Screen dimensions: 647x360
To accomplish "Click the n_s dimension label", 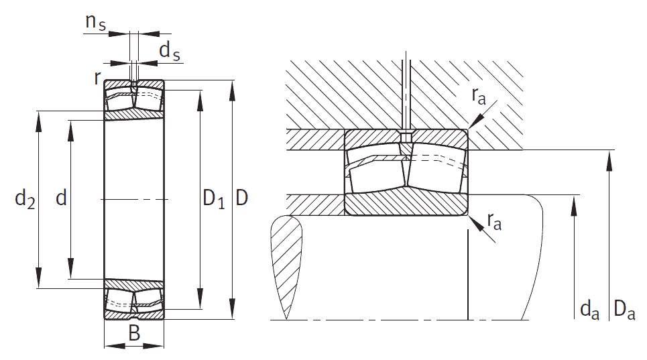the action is click(x=95, y=22).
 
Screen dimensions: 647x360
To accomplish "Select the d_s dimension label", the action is click(x=170, y=52).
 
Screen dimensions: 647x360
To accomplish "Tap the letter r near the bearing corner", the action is click(x=97, y=78).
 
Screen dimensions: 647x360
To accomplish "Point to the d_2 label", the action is click(x=25, y=199).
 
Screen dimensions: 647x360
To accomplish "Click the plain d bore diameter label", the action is click(x=61, y=198).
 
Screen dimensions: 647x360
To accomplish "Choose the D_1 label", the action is click(x=214, y=199).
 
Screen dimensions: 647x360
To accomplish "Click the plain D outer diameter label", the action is click(x=242, y=198).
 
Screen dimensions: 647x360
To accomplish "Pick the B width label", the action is click(x=134, y=333).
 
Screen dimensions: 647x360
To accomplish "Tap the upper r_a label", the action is click(x=479, y=97).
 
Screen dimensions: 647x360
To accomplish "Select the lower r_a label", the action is click(x=494, y=221).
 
